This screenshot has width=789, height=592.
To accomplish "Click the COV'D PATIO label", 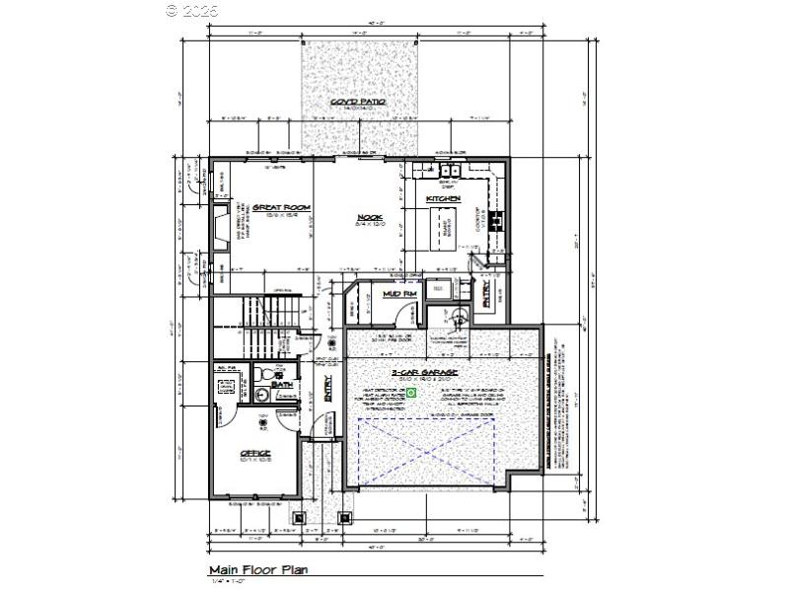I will pyautogui.click(x=358, y=103).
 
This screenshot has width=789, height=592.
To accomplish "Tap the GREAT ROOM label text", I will pyautogui.click(x=281, y=207).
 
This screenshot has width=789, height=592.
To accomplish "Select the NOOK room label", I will pyautogui.click(x=369, y=218).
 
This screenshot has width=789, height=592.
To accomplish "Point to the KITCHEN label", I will pyautogui.click(x=443, y=199).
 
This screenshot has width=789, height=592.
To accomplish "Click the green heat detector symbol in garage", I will pyautogui.click(x=413, y=393).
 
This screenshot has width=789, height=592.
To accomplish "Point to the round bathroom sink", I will pyautogui.click(x=261, y=396).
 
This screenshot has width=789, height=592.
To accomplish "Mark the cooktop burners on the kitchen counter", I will pyautogui.click(x=497, y=219).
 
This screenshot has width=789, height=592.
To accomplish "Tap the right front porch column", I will pyautogui.click(x=345, y=515).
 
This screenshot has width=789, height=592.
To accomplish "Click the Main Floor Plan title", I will pyautogui.click(x=259, y=570).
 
